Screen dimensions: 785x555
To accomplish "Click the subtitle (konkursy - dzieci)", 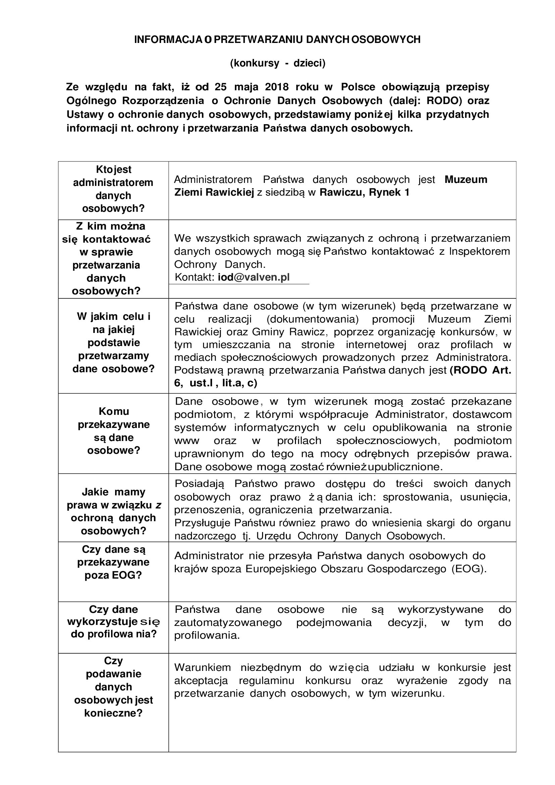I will click(x=277, y=63).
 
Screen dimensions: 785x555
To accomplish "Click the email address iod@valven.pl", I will click(x=254, y=277).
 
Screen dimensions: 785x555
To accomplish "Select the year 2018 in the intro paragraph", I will click(x=277, y=87).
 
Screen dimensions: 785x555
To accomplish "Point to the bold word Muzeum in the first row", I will click(x=466, y=180).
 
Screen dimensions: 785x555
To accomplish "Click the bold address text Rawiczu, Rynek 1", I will click(x=364, y=193).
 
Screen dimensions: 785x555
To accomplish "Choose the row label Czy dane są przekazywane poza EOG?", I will click(x=113, y=562).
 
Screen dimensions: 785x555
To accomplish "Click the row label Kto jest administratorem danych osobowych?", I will click(x=113, y=189).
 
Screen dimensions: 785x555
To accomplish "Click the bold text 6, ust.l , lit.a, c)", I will click(x=216, y=383).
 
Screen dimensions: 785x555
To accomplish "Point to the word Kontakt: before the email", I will click(x=195, y=277).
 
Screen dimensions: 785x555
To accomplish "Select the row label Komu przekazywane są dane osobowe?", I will click(x=113, y=431).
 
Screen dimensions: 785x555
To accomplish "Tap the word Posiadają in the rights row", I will click(x=200, y=484).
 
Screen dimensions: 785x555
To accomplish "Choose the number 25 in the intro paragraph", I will click(x=220, y=87).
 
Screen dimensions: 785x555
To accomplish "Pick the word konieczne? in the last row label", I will click(x=113, y=713).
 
